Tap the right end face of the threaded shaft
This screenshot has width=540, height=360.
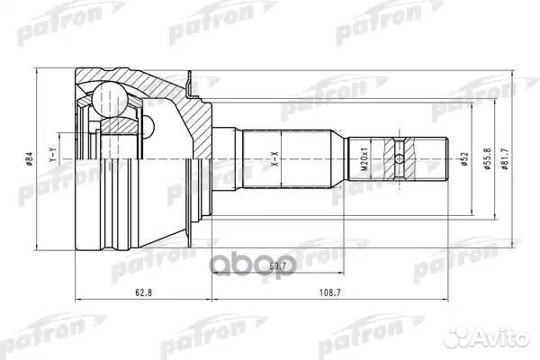448,162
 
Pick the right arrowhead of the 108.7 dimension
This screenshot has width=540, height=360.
447,299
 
